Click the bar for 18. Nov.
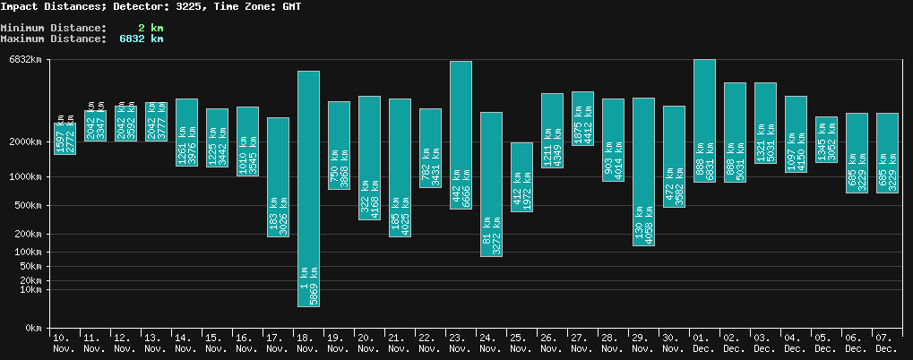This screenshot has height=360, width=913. point(308,188)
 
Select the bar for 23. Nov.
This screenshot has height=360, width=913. point(461,134)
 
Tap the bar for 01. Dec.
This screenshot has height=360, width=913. point(704,121)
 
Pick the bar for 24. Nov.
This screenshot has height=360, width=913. point(491,184)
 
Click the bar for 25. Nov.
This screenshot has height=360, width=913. point(521,176)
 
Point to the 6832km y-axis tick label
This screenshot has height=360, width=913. point(25,60)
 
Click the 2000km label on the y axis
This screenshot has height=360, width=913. point(25,141)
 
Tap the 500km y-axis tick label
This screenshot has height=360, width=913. point(29,206)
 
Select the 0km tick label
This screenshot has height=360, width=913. point(33,329)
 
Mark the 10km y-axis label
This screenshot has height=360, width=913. point(30,289)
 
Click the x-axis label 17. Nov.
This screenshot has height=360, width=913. point(278,342)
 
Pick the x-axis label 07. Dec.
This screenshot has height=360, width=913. point(887,342)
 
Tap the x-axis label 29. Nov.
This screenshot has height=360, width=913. point(643,342)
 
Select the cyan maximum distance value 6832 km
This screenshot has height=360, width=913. point(142,39)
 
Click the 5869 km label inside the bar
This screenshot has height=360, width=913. point(314,287)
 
